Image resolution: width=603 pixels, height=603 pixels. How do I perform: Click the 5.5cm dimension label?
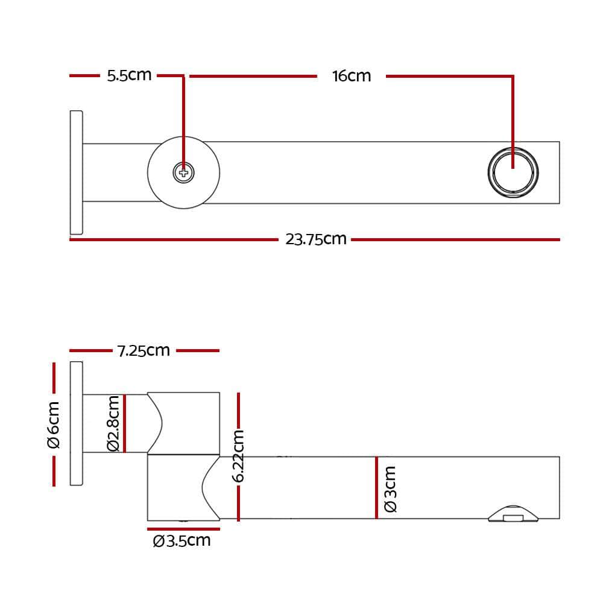coord(129,75)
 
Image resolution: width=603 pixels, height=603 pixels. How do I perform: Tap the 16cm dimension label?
coord(352,76)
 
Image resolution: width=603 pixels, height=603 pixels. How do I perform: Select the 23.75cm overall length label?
coord(316,239)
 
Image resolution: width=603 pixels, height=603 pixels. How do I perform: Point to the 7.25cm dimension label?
coord(144,350)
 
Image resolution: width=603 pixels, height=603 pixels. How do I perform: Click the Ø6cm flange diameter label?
coord(54,425)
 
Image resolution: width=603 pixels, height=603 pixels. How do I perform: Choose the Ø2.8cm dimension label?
coord(113,423)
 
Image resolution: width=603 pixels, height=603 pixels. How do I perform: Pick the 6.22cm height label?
coord(239,456)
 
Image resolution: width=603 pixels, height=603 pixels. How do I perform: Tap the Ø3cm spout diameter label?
coord(390,488)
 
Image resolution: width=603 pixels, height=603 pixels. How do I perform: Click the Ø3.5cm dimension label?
coord(182,540)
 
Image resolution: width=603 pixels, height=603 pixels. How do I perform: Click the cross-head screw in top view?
coord(184,173)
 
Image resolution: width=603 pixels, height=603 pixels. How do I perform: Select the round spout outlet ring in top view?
coord(513,171)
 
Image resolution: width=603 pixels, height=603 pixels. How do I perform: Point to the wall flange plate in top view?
coord(76,172)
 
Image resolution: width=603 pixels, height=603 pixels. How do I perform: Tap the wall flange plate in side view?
coord(76,423)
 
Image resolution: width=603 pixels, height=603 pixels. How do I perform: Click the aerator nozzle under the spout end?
coord(513,514)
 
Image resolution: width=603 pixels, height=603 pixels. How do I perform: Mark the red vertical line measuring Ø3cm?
coord(376,487)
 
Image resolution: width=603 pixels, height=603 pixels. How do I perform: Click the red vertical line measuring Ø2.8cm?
coord(124,423)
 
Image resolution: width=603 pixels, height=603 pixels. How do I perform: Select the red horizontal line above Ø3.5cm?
coord(183,529)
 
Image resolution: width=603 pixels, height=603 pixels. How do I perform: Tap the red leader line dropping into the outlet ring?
coord(513,121)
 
